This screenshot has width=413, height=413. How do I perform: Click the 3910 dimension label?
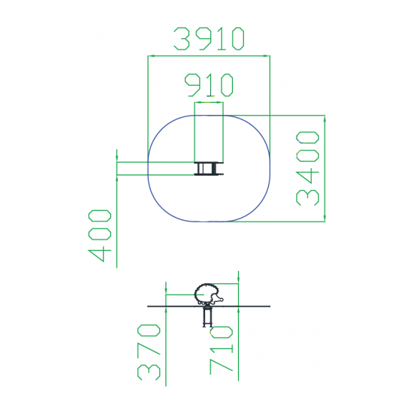click(x=209, y=39)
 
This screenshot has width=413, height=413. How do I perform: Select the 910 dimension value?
click(x=209, y=85)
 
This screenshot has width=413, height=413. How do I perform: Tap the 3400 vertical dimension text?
click(x=308, y=168)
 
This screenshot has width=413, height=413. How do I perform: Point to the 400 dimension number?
click(x=100, y=236)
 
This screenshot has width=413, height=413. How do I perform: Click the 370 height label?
click(x=149, y=352)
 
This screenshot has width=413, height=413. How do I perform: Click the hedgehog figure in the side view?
click(x=209, y=294)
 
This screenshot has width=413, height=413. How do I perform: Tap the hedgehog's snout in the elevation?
click(x=221, y=300)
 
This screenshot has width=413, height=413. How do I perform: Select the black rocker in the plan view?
click(x=209, y=168)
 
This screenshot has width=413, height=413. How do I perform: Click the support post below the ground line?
click(x=207, y=317)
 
